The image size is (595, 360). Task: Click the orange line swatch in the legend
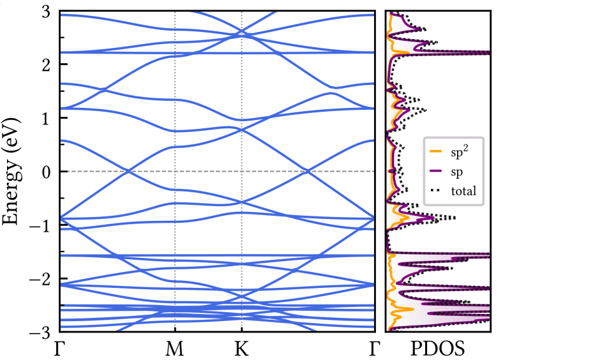[x=437, y=152]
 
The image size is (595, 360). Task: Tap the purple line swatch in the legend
[x=437, y=171]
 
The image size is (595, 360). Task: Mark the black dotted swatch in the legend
[x=437, y=190]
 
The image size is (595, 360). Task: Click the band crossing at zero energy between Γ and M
[x=128, y=171]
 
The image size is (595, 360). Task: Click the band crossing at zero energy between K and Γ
[x=308, y=171]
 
